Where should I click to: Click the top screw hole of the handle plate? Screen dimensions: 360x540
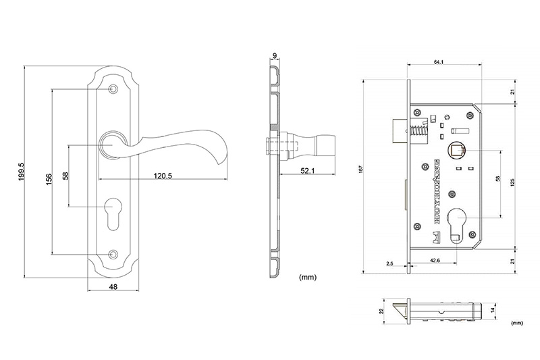click(x=113, y=88)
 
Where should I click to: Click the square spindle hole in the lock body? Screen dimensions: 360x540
click(x=457, y=149)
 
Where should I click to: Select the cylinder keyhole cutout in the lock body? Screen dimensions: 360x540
click(x=457, y=223)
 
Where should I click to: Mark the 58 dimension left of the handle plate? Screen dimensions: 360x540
click(x=65, y=176)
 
